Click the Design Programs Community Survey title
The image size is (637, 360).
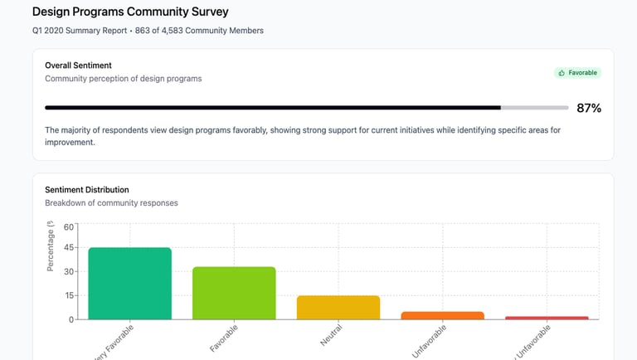pos(130,12)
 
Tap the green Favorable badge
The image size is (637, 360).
pos(578,73)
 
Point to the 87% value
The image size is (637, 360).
pos(589,108)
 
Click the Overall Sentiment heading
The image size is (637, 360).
pos(78,66)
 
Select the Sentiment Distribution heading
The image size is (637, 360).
pos(87,189)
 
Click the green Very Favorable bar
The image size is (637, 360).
pos(129,283)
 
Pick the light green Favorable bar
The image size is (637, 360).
pos(234,293)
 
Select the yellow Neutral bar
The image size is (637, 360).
pos(338,307)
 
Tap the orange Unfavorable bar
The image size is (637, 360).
pos(442,315)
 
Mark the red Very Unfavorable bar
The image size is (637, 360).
pos(547,318)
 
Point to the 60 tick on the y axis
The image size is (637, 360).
pos(69,226)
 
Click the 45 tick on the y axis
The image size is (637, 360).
pos(69,248)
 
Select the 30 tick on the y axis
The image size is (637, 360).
pos(69,271)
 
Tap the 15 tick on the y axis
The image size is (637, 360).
pos(69,295)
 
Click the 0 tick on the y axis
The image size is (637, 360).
pos(71,319)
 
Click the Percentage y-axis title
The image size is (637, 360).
pos(51,249)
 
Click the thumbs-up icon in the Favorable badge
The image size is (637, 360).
pos(562,73)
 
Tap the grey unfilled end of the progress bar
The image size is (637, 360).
pos(535,108)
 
